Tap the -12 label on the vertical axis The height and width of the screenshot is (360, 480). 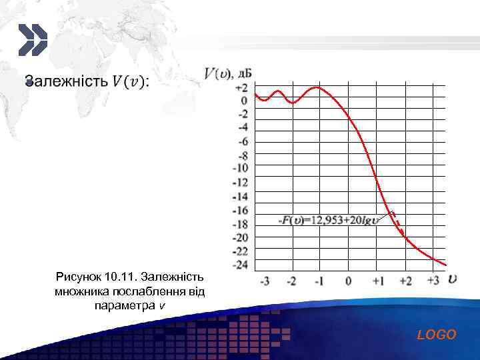point(240,182)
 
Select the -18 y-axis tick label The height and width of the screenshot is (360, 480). point(240,224)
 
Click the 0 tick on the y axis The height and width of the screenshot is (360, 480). point(244,101)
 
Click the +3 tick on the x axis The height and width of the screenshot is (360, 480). point(433,281)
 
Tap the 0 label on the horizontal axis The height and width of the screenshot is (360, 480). point(348,281)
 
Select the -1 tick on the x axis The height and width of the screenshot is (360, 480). point(320,281)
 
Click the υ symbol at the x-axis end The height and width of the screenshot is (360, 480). point(453,278)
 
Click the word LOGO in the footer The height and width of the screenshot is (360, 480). point(437,335)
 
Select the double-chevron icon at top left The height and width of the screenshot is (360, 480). point(32,40)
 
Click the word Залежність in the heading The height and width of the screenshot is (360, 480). point(66,81)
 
